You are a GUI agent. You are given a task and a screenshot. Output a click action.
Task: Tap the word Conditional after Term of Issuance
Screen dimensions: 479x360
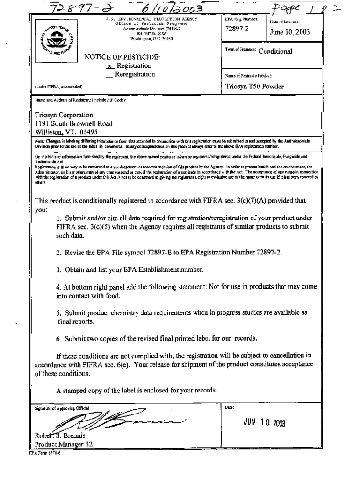point(275,51)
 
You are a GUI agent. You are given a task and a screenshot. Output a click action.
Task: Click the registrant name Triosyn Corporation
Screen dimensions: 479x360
point(64,115)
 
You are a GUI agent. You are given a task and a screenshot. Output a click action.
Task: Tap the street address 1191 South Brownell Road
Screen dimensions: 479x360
point(74,123)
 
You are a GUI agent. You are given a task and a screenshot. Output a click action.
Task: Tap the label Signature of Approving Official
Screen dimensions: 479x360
point(62,407)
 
